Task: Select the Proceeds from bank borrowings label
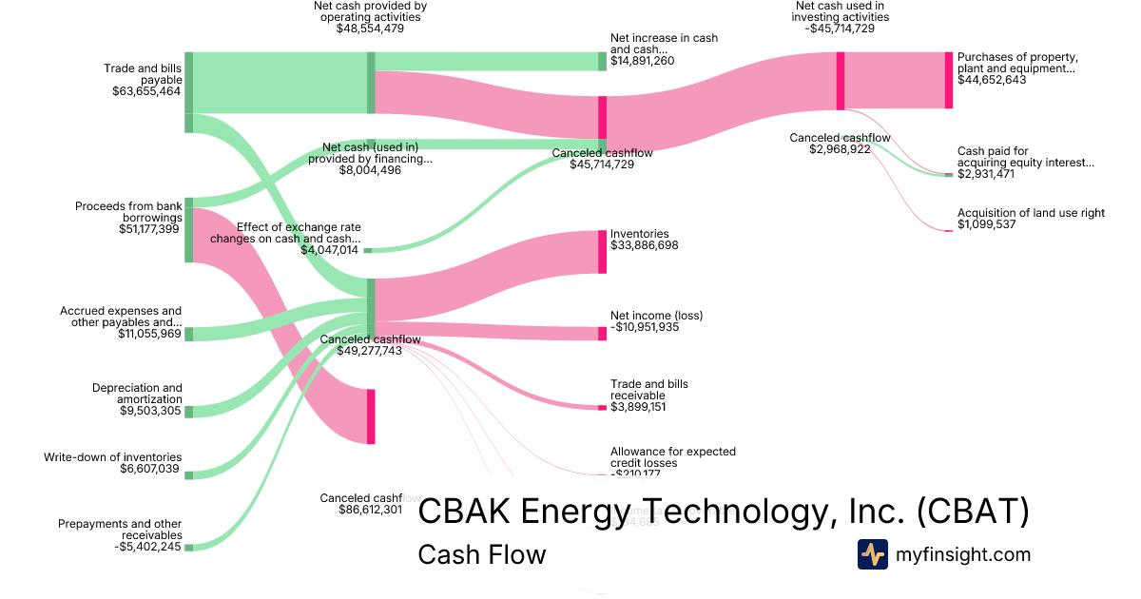click(x=128, y=211)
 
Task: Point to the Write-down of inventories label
click(x=112, y=457)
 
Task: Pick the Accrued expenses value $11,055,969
click(x=149, y=334)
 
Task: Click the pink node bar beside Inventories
click(x=602, y=251)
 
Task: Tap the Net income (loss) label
click(x=656, y=315)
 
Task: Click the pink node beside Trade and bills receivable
click(x=602, y=408)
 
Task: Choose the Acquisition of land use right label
click(x=1031, y=213)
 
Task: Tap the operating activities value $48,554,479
click(x=370, y=29)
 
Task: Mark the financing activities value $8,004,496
click(x=369, y=170)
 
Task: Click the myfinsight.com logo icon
click(x=872, y=553)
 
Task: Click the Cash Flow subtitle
click(x=482, y=553)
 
